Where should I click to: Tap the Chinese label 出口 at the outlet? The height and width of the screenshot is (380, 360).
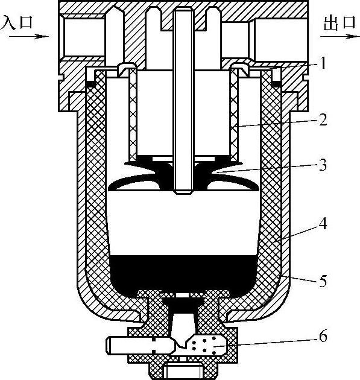[x=339, y=24]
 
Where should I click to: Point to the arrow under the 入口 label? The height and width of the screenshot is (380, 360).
[x=29, y=37]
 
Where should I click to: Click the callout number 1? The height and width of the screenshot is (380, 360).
[x=323, y=63]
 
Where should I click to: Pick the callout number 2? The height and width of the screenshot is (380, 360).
[x=323, y=120]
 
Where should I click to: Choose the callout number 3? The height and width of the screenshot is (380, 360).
[x=323, y=165]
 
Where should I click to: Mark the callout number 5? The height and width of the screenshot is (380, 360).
[x=323, y=281]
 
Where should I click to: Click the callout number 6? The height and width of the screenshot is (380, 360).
[x=323, y=337]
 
